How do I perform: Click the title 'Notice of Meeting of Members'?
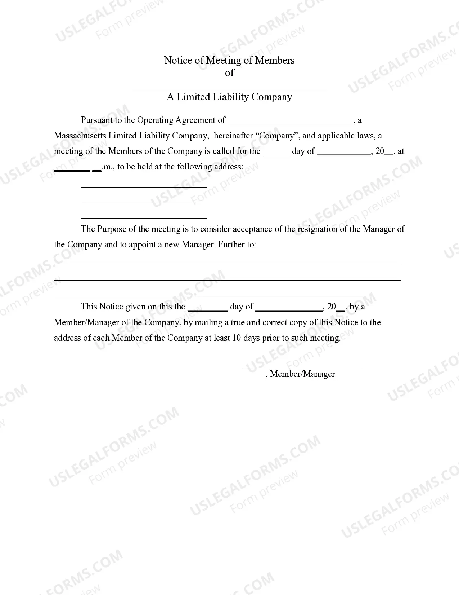tap(229, 60)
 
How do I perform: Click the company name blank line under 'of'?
tap(229, 87)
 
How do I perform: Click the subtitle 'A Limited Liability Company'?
tap(229, 97)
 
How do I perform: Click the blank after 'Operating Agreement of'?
tap(291, 121)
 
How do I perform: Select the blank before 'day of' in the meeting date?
tap(276, 153)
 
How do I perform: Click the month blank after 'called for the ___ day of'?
tap(344, 153)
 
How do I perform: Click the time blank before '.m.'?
tap(72, 168)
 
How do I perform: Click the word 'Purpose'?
tap(111, 229)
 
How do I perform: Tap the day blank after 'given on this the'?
tap(208, 308)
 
